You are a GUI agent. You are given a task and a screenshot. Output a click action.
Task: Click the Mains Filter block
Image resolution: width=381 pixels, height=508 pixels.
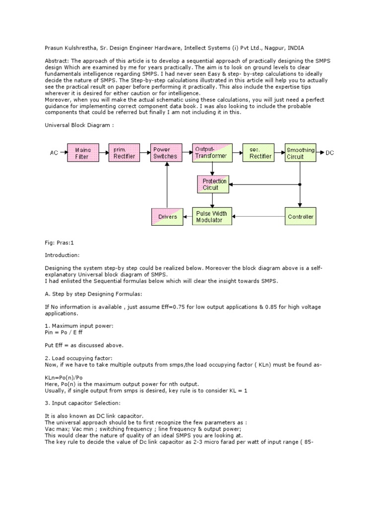click(x=83, y=153)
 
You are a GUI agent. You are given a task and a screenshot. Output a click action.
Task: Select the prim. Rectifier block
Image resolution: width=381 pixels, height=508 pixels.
click(x=125, y=153)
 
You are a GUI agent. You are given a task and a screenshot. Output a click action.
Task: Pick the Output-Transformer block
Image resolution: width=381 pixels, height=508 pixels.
click(x=212, y=153)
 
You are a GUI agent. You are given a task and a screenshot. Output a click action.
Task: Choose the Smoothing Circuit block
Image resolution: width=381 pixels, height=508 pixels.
click(x=301, y=153)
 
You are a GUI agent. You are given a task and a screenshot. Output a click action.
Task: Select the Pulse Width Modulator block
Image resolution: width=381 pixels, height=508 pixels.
click(x=212, y=217)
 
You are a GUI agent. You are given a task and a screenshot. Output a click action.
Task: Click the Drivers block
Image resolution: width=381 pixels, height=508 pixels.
click(x=167, y=217)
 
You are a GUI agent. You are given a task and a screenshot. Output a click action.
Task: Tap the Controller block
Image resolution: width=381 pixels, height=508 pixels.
click(x=301, y=217)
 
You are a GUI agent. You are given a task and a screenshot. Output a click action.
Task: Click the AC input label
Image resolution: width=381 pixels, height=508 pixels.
click(x=54, y=153)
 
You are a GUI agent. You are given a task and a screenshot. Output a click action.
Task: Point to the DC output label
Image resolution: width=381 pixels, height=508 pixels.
click(x=330, y=153)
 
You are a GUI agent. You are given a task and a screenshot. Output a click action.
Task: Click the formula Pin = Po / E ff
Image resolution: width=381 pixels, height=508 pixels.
click(x=64, y=333)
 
